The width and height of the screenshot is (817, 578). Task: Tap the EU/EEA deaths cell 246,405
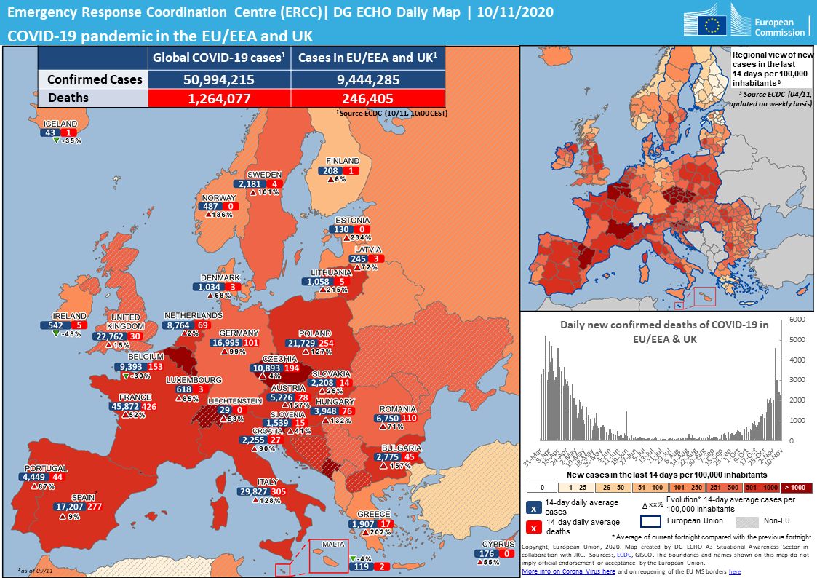[x=367, y=98]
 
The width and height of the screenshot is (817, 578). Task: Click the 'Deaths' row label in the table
[x=69, y=98]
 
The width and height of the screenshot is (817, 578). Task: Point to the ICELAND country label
[x=60, y=124]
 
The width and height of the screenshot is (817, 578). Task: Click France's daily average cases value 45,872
[x=124, y=407]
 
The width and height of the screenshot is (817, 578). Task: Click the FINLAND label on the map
[x=342, y=161]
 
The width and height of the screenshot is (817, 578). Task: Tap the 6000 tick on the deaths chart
[x=797, y=320]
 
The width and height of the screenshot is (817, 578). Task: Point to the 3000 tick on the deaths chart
[x=797, y=380]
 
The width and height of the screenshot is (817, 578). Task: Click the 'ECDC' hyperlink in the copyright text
[x=623, y=554]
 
